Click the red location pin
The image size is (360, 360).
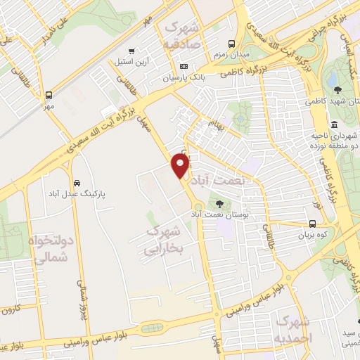point(180,165)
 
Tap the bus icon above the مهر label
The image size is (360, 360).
point(49,95)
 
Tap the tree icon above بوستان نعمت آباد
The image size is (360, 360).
point(220,204)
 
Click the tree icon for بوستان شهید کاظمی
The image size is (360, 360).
point(337,89)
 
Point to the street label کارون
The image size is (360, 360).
point(10,310)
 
